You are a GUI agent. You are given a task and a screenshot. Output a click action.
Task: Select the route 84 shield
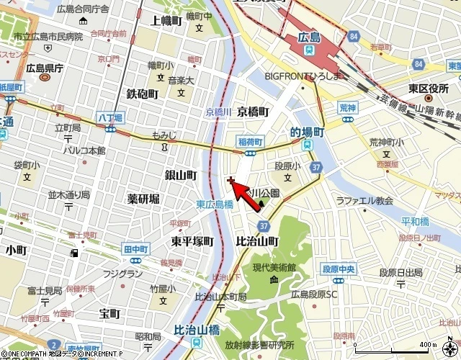(352, 35)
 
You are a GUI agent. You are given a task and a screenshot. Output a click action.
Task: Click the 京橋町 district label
(253, 112)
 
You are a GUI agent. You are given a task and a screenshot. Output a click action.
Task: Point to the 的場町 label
(307, 132)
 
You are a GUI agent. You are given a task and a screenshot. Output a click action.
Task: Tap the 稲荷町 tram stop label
(249, 142)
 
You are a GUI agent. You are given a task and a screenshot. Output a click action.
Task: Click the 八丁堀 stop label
(110, 117)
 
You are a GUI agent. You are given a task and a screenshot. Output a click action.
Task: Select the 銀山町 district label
(181, 175)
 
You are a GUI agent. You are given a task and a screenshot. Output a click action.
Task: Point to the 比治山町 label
(257, 242)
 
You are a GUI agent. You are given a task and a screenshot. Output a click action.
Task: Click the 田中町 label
(135, 248)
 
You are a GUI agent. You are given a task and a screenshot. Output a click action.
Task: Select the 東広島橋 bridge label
(215, 204)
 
